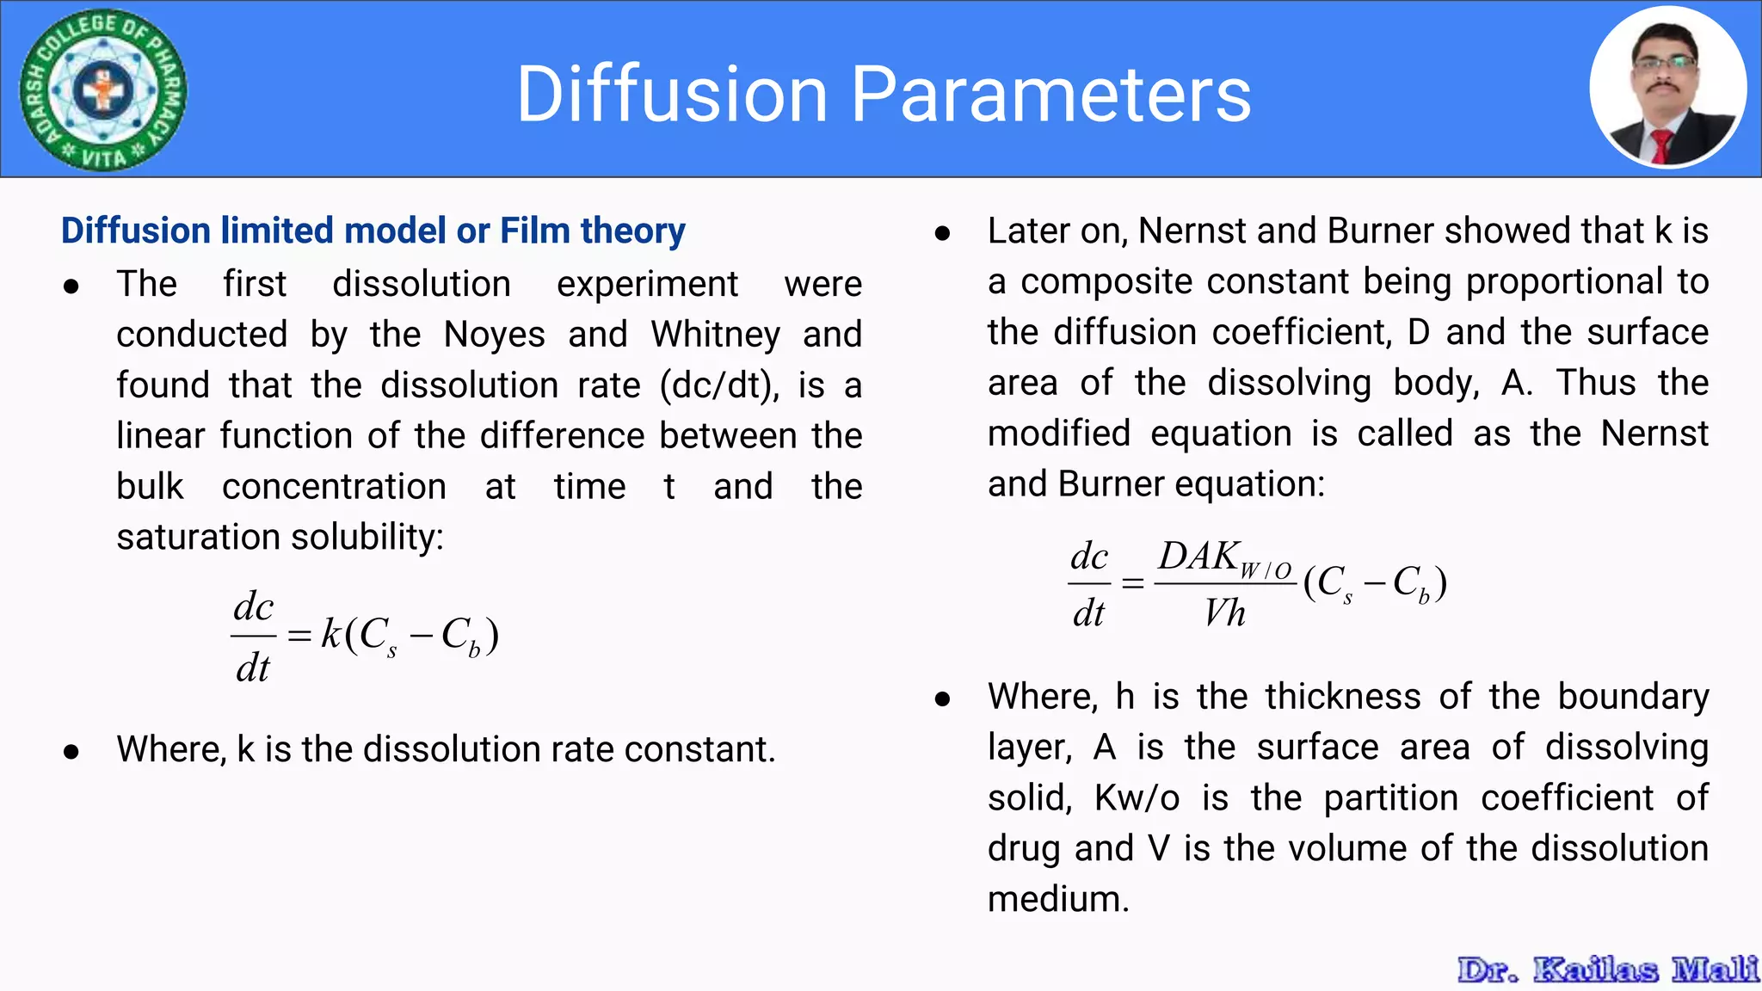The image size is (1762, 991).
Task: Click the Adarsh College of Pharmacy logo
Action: click(x=103, y=89)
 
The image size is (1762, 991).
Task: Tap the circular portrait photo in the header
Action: click(x=1667, y=88)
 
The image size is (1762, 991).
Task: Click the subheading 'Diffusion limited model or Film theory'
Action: click(x=373, y=231)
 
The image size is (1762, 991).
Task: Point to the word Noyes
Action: click(x=494, y=335)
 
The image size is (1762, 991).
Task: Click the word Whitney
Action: click(x=715, y=335)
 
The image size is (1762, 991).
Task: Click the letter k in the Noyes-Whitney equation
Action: click(x=330, y=634)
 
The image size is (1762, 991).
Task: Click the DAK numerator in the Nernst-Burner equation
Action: click(x=1198, y=557)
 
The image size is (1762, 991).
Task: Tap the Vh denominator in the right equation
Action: click(x=1224, y=613)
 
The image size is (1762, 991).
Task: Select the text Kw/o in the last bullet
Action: click(x=1136, y=798)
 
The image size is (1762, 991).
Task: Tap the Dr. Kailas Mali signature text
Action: click(x=1607, y=969)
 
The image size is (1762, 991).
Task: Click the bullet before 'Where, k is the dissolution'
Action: click(x=71, y=752)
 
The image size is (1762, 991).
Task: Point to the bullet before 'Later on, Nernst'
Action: click(x=942, y=233)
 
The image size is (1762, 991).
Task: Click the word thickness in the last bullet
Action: click(x=1342, y=697)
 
